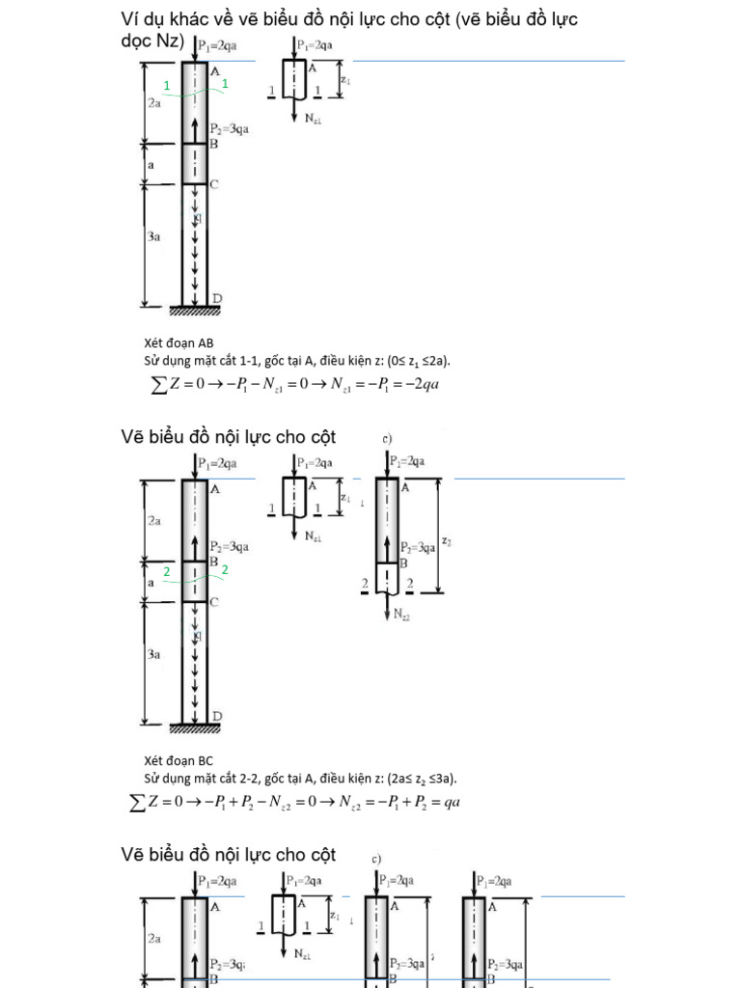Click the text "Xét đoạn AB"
pyautogui.click(x=178, y=343)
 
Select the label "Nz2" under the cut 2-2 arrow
pyautogui.click(x=398, y=615)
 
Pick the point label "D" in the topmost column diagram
pyautogui.click(x=217, y=299)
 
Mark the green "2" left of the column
pyautogui.click(x=167, y=571)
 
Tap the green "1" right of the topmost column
pyautogui.click(x=225, y=84)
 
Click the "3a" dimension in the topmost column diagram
pyautogui.click(x=153, y=236)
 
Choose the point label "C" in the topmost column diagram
pyautogui.click(x=215, y=184)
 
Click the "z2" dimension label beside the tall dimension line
pyautogui.click(x=446, y=542)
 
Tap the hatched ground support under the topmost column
pyautogui.click(x=195, y=311)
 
